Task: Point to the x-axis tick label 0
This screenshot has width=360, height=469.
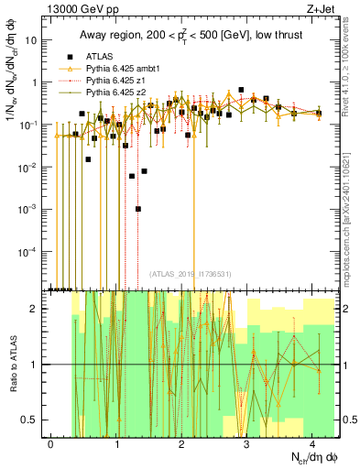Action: pos(50,442)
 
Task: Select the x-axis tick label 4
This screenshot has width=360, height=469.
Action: pos(312,442)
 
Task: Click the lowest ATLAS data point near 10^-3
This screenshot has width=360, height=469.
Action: pos(138,209)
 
